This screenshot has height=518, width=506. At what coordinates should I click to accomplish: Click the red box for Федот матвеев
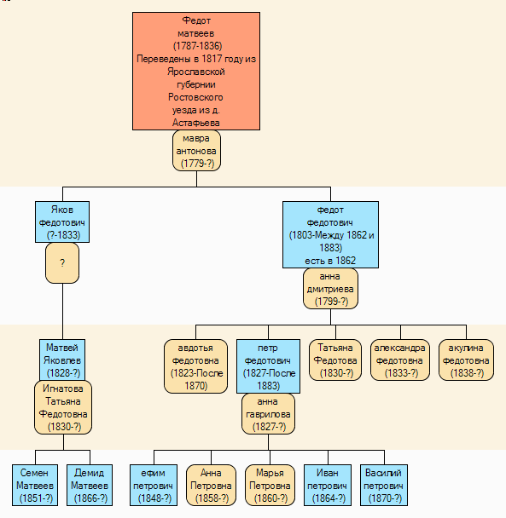(x=196, y=71)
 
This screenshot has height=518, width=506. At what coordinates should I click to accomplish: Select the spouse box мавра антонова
(x=196, y=151)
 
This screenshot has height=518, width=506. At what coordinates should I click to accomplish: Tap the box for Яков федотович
(x=62, y=222)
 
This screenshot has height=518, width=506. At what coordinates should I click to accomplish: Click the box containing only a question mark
(x=62, y=263)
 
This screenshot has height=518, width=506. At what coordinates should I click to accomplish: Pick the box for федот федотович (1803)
(x=330, y=234)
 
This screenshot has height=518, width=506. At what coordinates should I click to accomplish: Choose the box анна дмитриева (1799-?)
(x=330, y=289)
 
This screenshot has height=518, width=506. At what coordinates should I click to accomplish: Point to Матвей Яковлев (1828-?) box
(x=62, y=360)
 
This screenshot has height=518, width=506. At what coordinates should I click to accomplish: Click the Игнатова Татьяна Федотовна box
(x=63, y=407)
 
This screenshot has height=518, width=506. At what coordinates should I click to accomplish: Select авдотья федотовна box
(x=196, y=366)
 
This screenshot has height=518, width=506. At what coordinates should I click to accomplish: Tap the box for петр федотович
(x=269, y=366)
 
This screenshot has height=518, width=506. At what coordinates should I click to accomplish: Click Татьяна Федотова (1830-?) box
(x=335, y=360)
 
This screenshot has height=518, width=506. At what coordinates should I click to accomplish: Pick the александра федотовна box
(x=400, y=360)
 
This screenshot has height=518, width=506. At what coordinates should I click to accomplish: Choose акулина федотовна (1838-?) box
(x=466, y=360)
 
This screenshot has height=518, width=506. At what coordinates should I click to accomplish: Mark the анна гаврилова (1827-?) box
(x=269, y=414)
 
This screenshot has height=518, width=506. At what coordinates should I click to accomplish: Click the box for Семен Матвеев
(x=35, y=486)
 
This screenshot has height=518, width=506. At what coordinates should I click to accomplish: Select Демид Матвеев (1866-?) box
(x=90, y=486)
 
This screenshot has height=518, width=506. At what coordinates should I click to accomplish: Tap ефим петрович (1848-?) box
(x=154, y=486)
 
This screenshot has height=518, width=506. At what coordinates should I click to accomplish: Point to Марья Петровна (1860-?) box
(x=270, y=486)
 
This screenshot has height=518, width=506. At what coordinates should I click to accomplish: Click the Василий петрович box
(x=384, y=486)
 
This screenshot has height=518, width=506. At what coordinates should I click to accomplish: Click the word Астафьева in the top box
(x=196, y=123)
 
